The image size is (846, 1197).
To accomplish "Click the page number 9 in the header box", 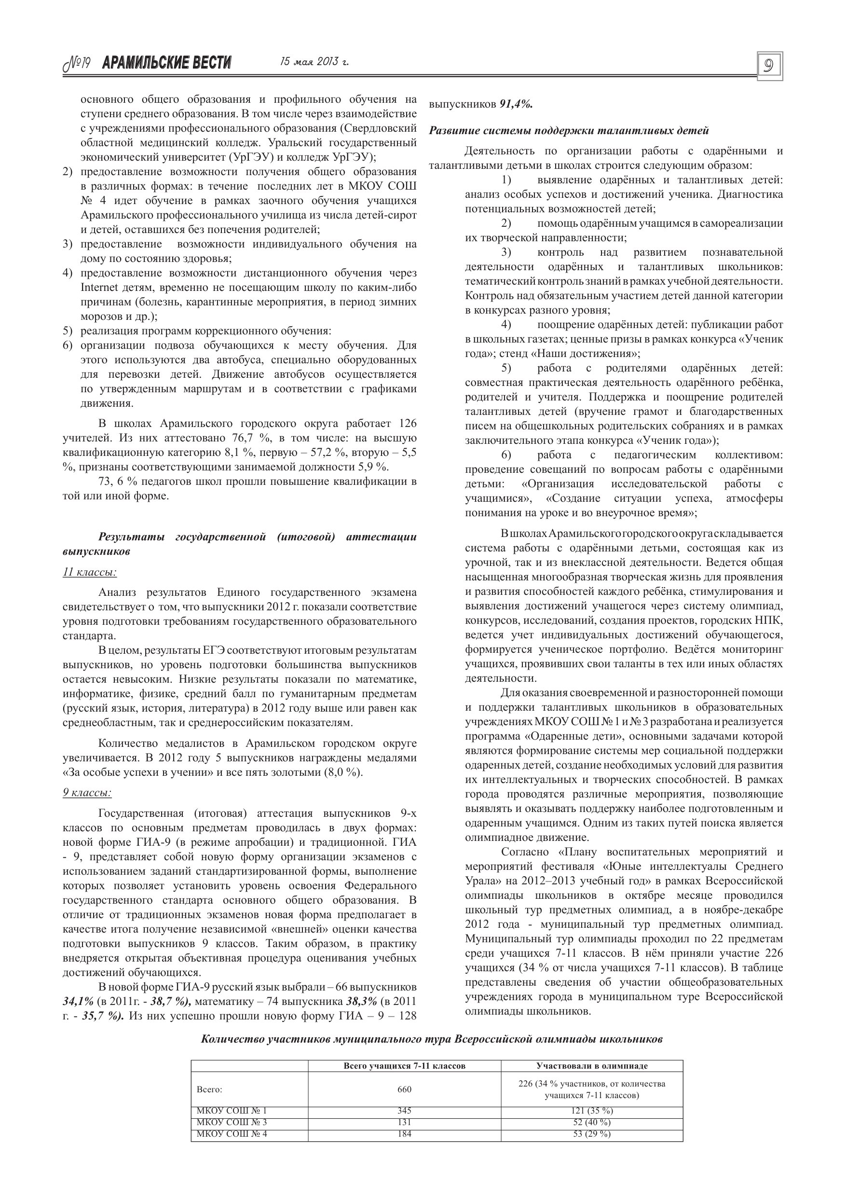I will [x=769, y=66].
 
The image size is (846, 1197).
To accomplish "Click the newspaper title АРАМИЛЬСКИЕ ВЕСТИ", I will [x=167, y=63].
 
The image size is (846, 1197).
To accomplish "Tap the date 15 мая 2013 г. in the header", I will [x=314, y=62].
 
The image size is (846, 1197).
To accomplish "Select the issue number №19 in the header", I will [x=77, y=64].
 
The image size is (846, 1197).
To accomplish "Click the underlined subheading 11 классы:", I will [x=90, y=572].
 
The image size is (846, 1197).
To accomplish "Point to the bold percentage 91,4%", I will [x=516, y=104].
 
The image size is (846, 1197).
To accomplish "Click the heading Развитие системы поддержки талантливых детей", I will [x=569, y=130].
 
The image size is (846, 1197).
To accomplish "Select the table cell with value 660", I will [x=405, y=1089].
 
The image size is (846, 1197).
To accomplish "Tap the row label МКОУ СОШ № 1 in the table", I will [x=232, y=1111].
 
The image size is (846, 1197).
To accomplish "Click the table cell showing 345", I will [x=405, y=1111].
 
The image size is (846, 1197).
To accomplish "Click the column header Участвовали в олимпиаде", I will [x=592, y=1066].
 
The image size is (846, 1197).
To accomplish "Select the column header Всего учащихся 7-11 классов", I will [x=405, y=1066].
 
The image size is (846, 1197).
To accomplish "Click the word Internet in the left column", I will [x=97, y=288].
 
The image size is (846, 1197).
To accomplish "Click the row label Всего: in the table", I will [x=209, y=1089].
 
